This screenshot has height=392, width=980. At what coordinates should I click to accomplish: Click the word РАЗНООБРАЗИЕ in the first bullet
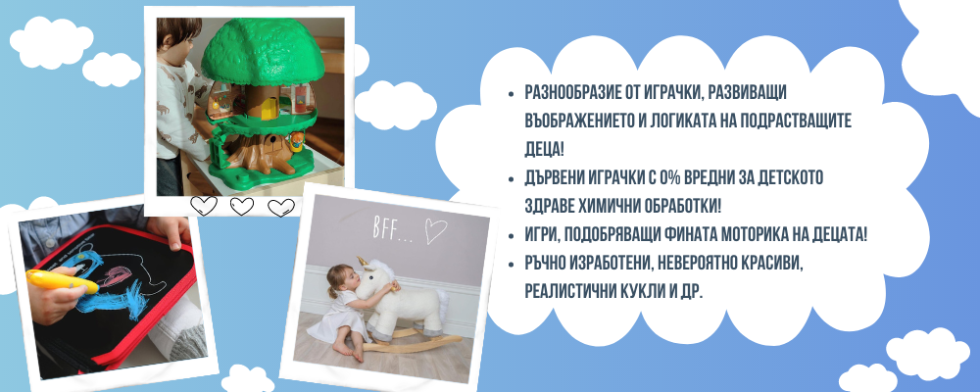coord(566,92)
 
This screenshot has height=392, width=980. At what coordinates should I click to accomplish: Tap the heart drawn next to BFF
coord(436,230)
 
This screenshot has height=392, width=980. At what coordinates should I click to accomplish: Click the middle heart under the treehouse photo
coord(242,206)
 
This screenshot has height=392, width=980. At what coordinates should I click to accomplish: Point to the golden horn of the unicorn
coord(362,262)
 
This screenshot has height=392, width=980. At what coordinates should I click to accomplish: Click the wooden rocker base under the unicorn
coord(413,344)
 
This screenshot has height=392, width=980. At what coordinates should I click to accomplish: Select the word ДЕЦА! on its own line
coord(544,150)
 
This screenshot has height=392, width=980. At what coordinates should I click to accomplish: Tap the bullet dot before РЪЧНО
coord(512,266)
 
